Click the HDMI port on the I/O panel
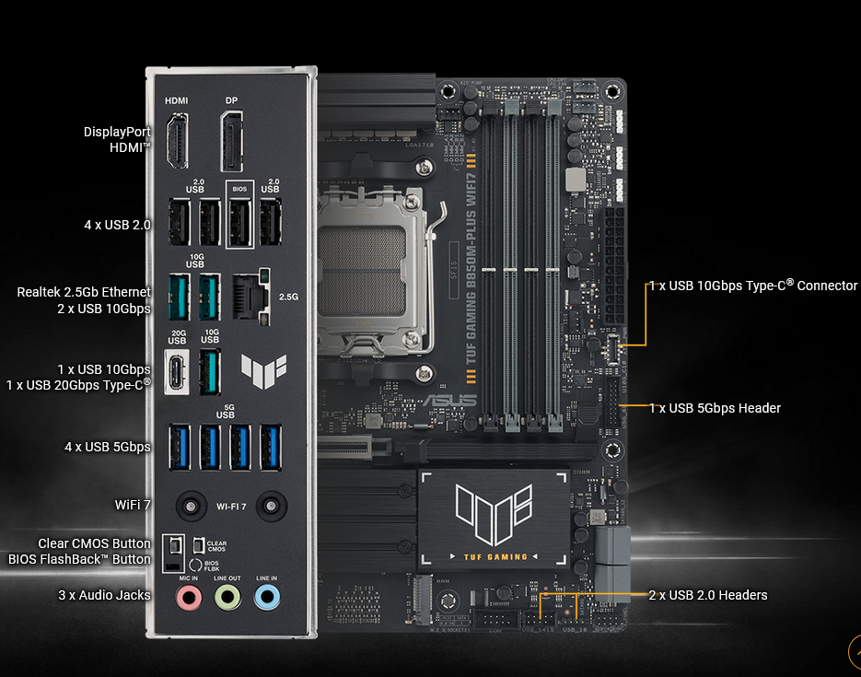(177, 140)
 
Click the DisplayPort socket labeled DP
(231, 140)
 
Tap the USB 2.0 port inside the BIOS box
(239, 221)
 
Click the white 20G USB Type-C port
(177, 371)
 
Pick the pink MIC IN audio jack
(189, 598)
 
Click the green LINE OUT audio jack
(227, 598)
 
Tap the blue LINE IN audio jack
(267, 598)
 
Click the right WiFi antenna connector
(269, 506)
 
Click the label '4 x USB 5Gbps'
(108, 447)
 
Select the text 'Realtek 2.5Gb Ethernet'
(84, 292)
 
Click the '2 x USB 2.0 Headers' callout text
(707, 595)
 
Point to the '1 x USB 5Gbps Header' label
(715, 408)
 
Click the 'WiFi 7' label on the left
(133, 505)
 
